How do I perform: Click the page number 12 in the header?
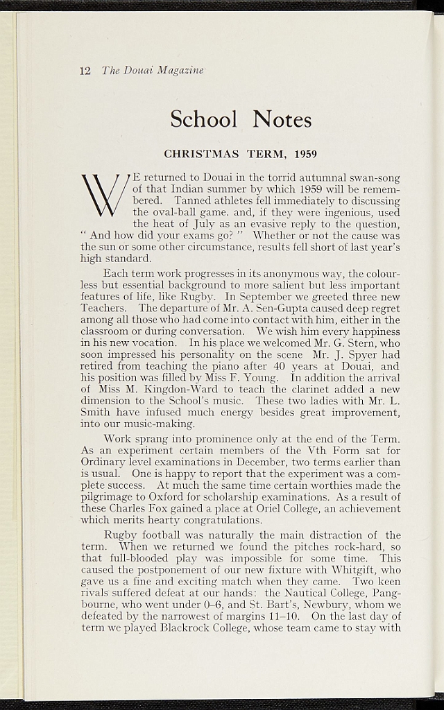[x=85, y=71]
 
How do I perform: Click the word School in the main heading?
[x=204, y=119]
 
